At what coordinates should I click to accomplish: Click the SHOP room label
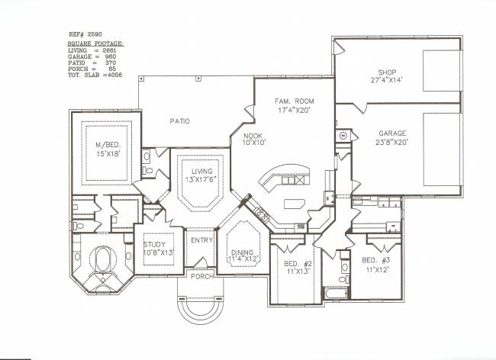click(x=387, y=72)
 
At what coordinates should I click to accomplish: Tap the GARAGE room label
click(x=392, y=133)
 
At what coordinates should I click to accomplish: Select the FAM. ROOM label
click(x=295, y=101)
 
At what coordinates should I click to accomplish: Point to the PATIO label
click(x=179, y=121)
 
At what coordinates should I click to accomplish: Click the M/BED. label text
click(x=108, y=145)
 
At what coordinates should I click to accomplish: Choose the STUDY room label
click(x=154, y=244)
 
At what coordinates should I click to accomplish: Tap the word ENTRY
click(x=201, y=240)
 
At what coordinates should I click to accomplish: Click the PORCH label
click(x=202, y=277)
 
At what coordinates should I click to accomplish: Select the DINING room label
click(x=243, y=252)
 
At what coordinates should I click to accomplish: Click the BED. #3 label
click(x=376, y=260)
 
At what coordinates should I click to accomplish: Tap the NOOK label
click(x=253, y=136)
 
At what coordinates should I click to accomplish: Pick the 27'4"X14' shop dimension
click(x=386, y=80)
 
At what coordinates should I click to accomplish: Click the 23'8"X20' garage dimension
click(x=392, y=142)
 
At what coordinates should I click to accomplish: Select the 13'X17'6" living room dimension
click(x=202, y=179)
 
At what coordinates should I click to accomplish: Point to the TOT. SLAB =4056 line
click(x=95, y=76)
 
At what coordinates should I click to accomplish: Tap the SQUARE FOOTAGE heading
click(x=96, y=43)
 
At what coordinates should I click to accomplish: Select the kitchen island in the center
click(x=295, y=204)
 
